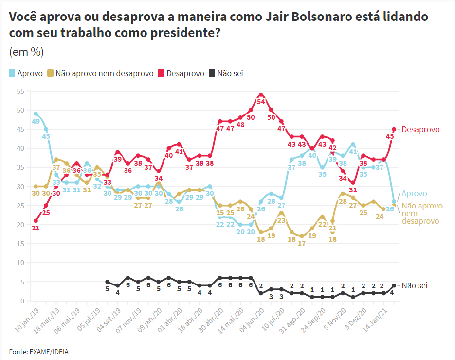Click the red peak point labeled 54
(x=261, y=95)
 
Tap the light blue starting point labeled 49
(x=36, y=114)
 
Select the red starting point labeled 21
(x=36, y=221)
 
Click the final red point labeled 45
(x=394, y=129)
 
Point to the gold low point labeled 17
(x=302, y=236)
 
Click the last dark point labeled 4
(x=394, y=285)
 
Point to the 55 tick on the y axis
(x=20, y=91)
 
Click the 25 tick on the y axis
(x=20, y=206)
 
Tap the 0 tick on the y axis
(x=22, y=301)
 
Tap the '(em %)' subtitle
(x=26, y=52)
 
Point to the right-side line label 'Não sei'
(x=415, y=285)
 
